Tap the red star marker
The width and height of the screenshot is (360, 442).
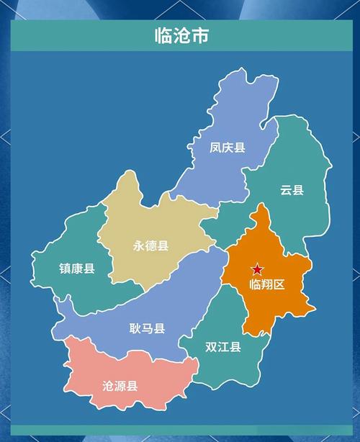click(257, 269)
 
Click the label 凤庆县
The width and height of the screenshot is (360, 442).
click(228, 148)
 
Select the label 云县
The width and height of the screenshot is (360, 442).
click(292, 190)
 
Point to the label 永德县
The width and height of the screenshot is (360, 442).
click(150, 245)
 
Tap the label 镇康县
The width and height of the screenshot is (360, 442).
click(77, 269)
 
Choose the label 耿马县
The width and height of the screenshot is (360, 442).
click(147, 329)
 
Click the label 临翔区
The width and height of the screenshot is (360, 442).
click(267, 284)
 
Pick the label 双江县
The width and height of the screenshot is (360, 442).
click(222, 347)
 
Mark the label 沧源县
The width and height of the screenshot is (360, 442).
click(120, 385)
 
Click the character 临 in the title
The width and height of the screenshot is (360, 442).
click(163, 35)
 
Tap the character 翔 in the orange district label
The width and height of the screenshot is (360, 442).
click(267, 284)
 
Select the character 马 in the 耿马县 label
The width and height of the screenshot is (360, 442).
click(147, 329)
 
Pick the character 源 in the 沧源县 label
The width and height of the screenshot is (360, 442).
click(120, 385)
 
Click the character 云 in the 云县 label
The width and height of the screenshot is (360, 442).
click(286, 190)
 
